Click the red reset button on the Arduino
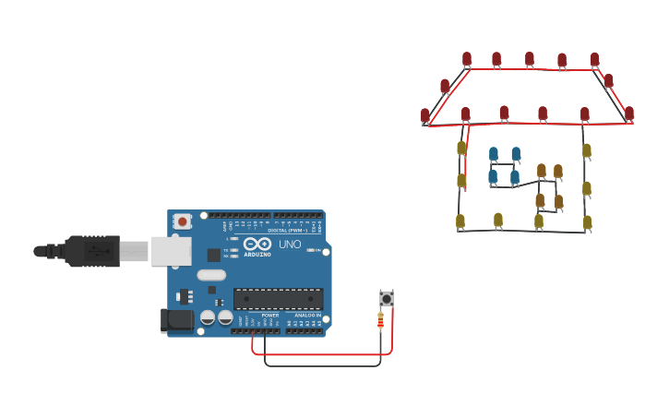183,221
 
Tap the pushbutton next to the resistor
387,298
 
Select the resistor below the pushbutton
381,320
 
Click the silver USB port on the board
170,250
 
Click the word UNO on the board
290,245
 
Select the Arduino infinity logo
257,244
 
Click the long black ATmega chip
278,299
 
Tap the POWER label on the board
270,316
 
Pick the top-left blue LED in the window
494,153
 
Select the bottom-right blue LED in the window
515,176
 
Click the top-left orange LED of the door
542,171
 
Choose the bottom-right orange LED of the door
558,201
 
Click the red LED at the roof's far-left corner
425,115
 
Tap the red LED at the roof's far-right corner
629,113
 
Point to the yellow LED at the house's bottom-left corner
460,221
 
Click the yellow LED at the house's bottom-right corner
587,221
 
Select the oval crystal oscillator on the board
211,274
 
